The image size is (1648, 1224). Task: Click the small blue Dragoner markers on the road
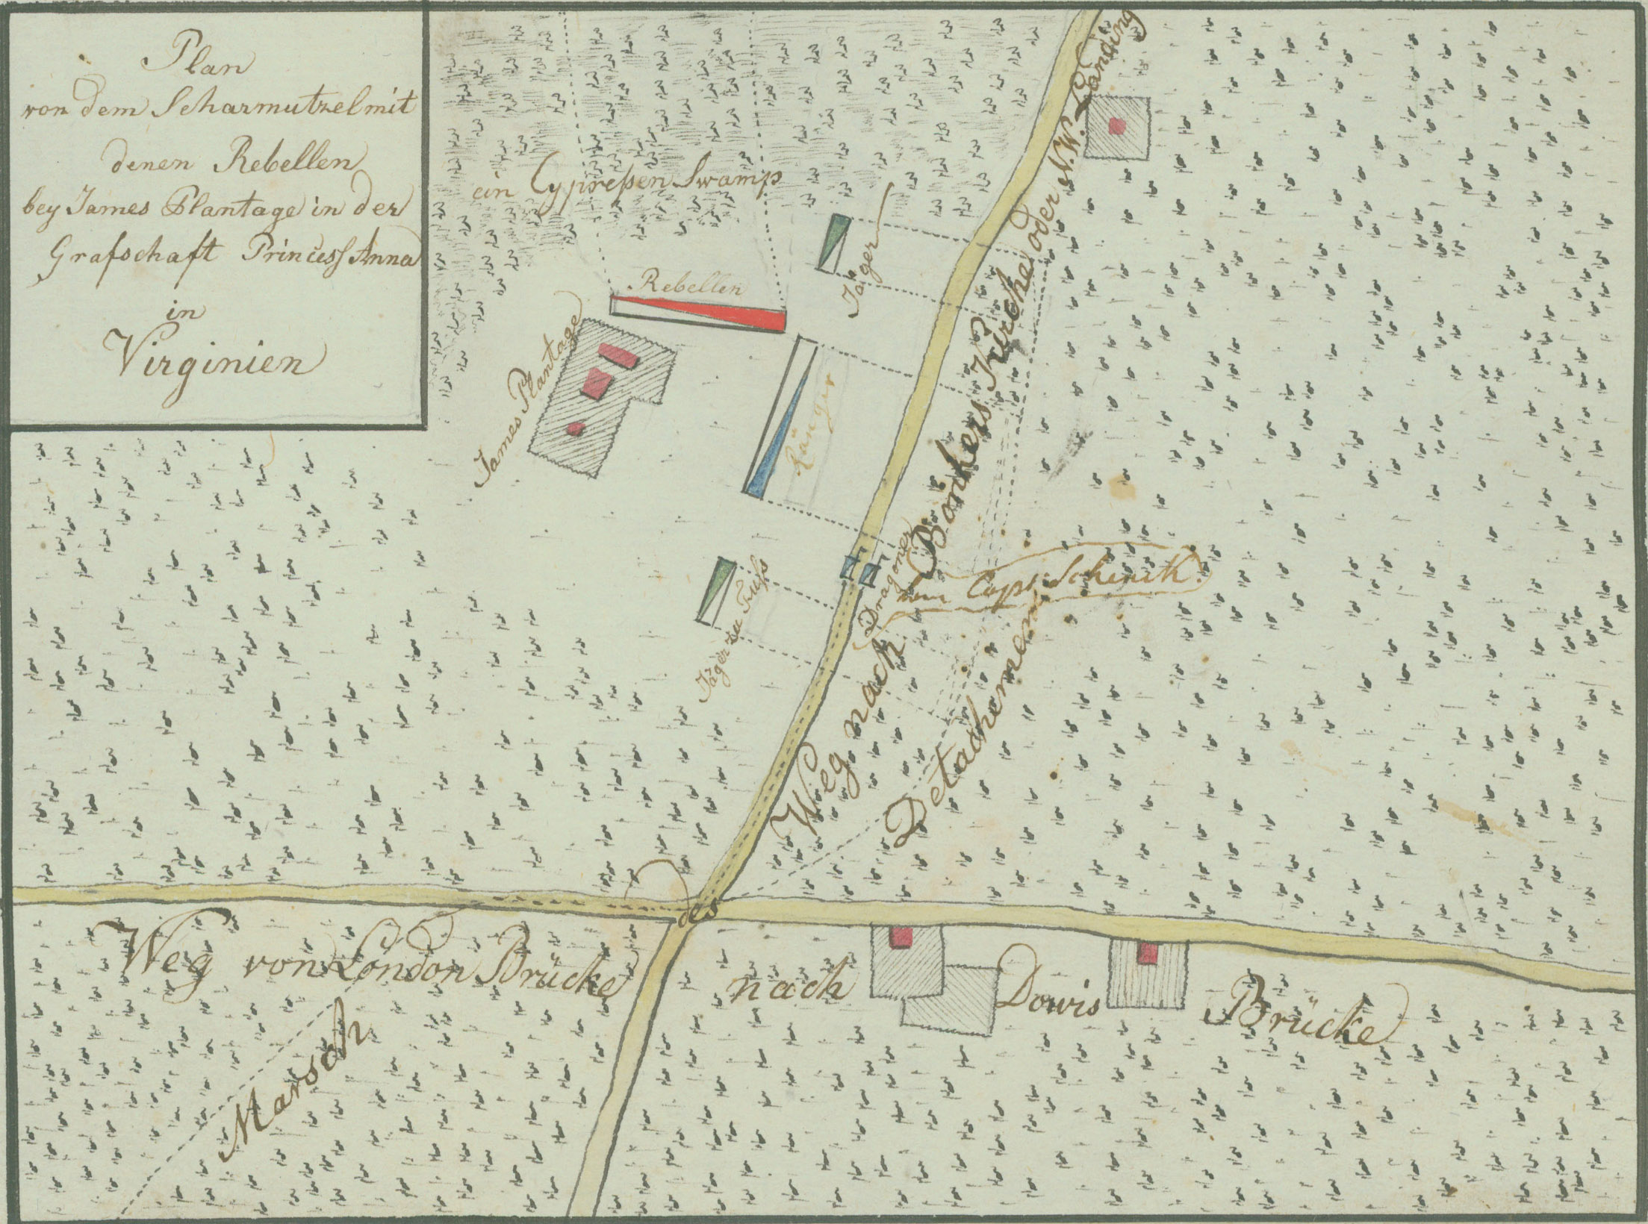(x=858, y=571)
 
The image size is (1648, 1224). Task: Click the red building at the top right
(x=1117, y=126)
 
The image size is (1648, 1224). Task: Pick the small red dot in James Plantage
(x=575, y=428)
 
